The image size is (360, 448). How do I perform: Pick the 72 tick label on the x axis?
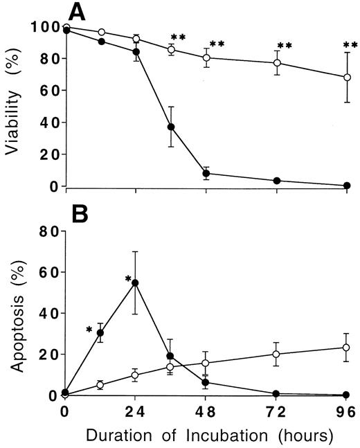point(276,412)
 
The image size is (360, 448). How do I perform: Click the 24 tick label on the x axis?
point(135,412)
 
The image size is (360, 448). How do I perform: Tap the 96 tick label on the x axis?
point(346,412)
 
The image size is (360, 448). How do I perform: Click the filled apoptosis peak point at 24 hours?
point(136,283)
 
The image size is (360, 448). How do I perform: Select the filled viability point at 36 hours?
point(170,127)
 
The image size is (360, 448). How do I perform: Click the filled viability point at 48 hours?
point(206,174)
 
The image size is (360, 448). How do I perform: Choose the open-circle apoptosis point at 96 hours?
point(346,348)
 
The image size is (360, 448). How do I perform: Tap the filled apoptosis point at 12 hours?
point(100,333)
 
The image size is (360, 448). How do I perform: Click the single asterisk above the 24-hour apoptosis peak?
point(127,278)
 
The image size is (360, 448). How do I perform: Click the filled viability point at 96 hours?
point(346,185)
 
